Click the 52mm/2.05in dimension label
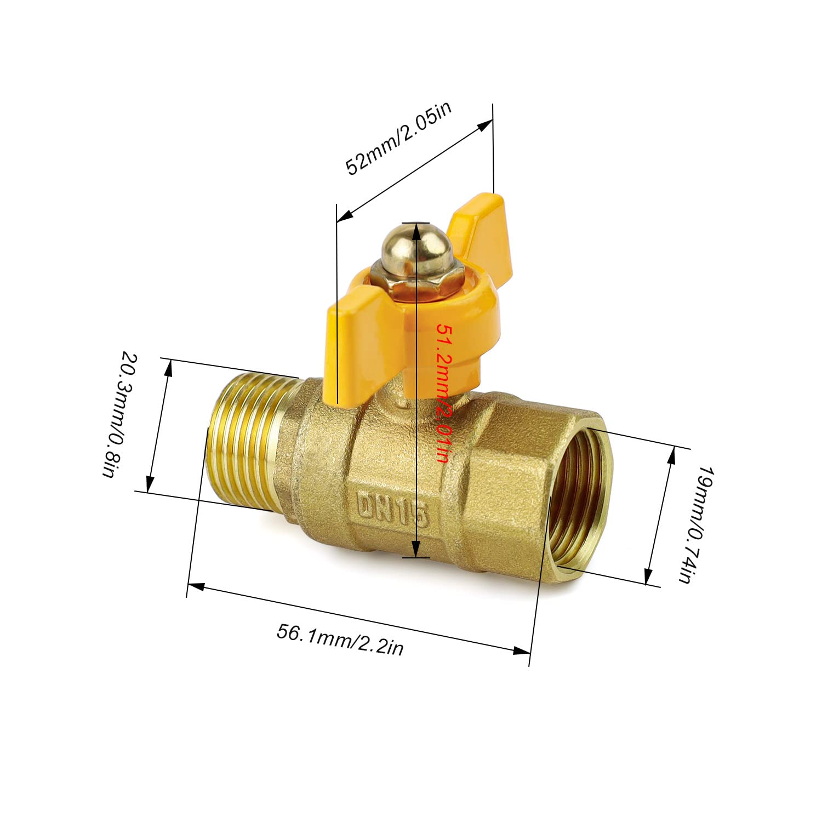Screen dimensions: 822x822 [x=398, y=138]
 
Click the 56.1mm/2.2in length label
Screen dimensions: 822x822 [x=340, y=639]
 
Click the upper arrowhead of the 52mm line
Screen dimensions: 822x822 [x=484, y=125]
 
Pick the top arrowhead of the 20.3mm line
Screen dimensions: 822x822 [x=168, y=368]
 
